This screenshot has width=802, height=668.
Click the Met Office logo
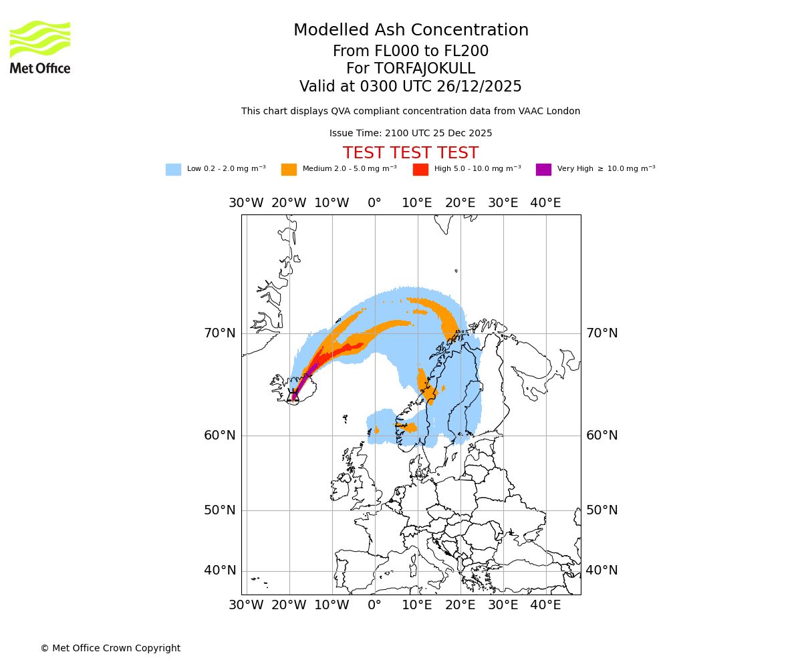(x=40, y=47)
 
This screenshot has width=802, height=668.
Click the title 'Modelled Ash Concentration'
(x=411, y=30)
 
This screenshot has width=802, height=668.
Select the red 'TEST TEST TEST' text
(x=410, y=153)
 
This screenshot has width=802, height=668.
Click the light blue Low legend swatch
(x=173, y=170)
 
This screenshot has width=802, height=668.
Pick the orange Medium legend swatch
(x=289, y=170)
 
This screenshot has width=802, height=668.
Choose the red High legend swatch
(x=420, y=170)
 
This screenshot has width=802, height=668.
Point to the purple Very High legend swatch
(x=543, y=170)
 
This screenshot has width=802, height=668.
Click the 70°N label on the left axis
(x=220, y=333)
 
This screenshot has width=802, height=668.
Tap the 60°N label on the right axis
(x=601, y=435)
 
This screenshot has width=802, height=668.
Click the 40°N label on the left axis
(x=220, y=570)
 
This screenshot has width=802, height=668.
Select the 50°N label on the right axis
(x=601, y=510)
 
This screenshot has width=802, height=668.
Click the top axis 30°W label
(x=246, y=203)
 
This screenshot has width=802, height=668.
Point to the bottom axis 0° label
(x=374, y=605)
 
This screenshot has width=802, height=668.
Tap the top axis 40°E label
(x=545, y=203)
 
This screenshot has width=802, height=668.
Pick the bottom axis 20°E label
(x=460, y=605)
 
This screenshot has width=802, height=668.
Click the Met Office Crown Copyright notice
(x=110, y=648)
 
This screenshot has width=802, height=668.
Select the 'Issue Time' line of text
(x=410, y=133)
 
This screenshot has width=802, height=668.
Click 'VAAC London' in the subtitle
(x=553, y=111)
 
